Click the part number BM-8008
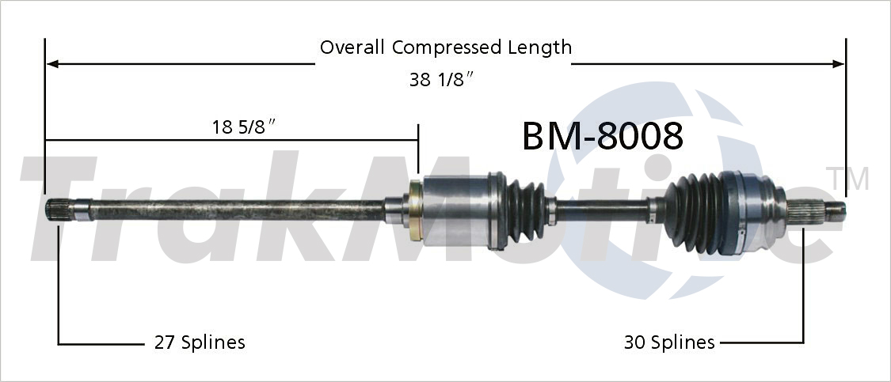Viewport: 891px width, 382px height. click(x=602, y=136)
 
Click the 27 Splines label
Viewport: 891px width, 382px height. click(x=199, y=342)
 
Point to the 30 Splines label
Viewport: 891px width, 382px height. click(x=669, y=342)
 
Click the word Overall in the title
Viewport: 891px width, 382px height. click(x=353, y=47)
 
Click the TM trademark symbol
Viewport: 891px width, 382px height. click(x=847, y=179)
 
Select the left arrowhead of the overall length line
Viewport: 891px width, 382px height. click(x=52, y=63)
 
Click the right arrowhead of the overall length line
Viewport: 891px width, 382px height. click(x=840, y=63)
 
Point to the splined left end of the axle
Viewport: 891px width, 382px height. click(x=59, y=211)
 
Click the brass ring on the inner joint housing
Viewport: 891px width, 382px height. click(x=414, y=211)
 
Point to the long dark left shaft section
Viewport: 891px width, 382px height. click(x=238, y=211)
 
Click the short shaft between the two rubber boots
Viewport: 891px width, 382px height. click(x=602, y=210)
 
